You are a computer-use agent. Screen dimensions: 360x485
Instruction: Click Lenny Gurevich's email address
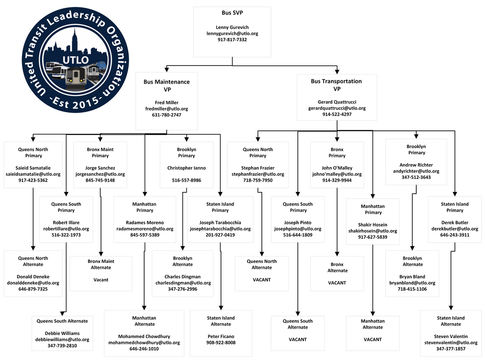click(232, 33)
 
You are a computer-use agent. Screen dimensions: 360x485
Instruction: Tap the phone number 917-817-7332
click(232, 40)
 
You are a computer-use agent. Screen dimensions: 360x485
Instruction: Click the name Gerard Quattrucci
click(337, 102)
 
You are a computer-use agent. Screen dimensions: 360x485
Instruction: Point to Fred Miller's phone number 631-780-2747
click(167, 115)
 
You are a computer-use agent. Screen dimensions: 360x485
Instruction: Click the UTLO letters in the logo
click(73, 59)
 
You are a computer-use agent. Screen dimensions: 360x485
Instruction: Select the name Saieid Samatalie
click(33, 168)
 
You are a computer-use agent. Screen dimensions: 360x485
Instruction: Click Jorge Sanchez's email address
click(100, 174)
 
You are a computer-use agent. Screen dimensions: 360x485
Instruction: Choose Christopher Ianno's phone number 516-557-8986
click(186, 180)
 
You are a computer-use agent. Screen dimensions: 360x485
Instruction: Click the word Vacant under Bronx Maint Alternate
click(101, 280)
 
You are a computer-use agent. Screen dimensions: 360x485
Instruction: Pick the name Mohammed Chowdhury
click(144, 336)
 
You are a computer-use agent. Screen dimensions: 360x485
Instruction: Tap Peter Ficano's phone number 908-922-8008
click(220, 342)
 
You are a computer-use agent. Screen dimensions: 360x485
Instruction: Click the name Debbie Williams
click(62, 333)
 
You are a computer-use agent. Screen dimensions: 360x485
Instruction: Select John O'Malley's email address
click(337, 174)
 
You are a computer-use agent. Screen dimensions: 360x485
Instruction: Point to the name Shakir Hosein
click(373, 225)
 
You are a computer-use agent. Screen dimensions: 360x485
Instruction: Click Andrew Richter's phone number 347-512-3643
click(416, 177)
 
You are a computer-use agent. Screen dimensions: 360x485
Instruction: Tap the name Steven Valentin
click(450, 336)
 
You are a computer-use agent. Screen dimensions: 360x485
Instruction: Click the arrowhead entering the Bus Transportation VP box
click(337, 71)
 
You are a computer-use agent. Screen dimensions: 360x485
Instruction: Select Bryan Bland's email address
click(412, 283)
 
